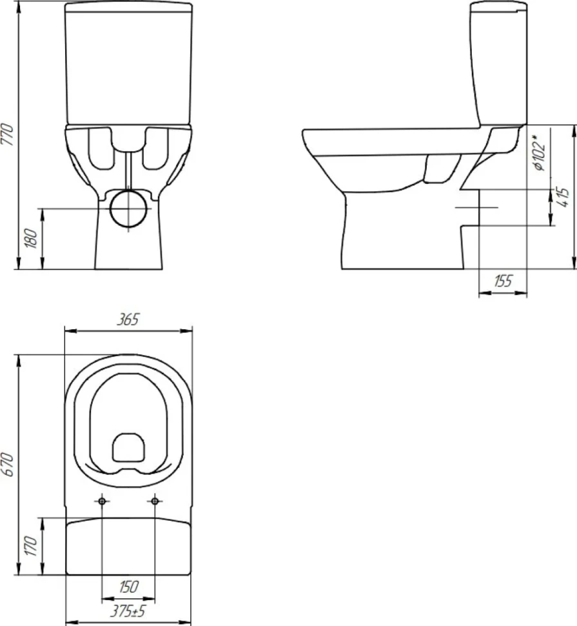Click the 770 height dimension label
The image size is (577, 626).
[x=8, y=134]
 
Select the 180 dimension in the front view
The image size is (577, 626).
[x=32, y=238]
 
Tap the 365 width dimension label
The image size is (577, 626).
[x=128, y=319]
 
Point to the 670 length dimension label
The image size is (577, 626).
[x=8, y=464]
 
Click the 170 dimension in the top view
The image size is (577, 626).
[x=31, y=546]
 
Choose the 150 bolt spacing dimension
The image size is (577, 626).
[x=128, y=587]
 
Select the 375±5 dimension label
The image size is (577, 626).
[x=128, y=611]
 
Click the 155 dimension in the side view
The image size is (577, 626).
[x=503, y=281]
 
